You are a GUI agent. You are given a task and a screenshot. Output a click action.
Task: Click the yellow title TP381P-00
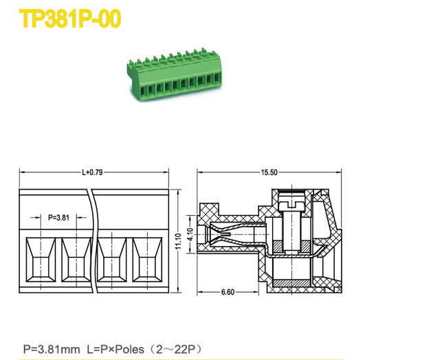pyautogui.click(x=69, y=19)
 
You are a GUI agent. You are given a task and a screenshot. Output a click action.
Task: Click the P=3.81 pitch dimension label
pyautogui.click(x=59, y=217)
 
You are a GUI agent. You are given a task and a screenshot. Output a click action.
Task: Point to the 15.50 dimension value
pyautogui.click(x=269, y=172)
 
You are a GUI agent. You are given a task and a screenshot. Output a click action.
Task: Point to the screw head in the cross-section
pyautogui.click(x=293, y=203)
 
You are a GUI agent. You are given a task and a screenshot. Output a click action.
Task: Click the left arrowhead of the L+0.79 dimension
pyautogui.click(x=21, y=172)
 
